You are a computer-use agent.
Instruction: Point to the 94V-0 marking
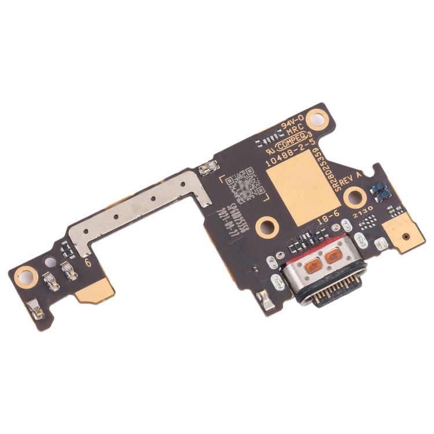[292, 125]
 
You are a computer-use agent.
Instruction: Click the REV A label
[351, 182]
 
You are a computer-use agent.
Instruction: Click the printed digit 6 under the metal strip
[88, 262]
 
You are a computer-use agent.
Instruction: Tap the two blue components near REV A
[379, 188]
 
